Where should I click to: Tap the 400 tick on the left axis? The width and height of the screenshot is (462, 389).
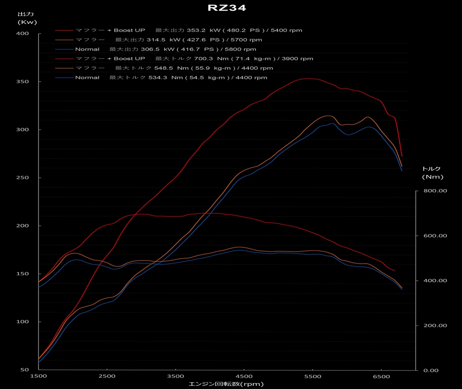[x=23, y=34]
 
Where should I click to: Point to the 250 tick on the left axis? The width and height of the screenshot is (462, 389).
[x=23, y=178]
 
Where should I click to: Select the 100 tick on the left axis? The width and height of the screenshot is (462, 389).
[x=23, y=322]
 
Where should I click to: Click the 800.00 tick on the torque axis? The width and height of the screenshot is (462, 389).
[x=435, y=191]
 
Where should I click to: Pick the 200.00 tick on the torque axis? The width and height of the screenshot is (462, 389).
[x=435, y=325]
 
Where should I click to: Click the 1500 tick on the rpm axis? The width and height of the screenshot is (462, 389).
[x=39, y=376]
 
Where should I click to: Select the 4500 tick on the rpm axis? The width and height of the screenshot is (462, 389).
[x=244, y=376]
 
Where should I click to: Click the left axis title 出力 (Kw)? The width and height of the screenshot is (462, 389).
[x=27, y=18]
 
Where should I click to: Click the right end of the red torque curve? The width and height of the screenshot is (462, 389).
[x=395, y=271]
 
